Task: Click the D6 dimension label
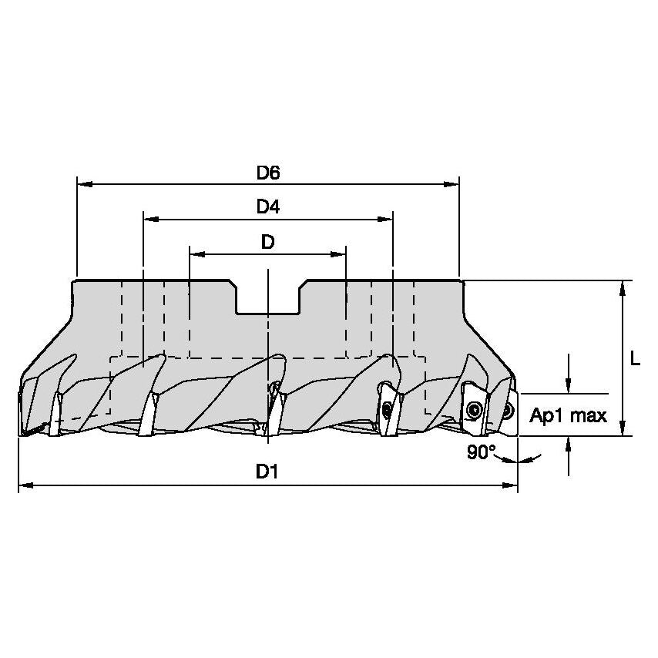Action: pyautogui.click(x=268, y=173)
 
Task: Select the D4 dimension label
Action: pyautogui.click(x=268, y=207)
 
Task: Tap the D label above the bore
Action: pyautogui.click(x=267, y=242)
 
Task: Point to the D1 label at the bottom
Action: pyautogui.click(x=267, y=472)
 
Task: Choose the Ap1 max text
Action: pyautogui.click(x=569, y=416)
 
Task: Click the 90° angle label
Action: pyautogui.click(x=481, y=453)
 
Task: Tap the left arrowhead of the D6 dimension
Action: pyautogui.click(x=84, y=185)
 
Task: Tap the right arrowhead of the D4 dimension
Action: pyautogui.click(x=387, y=220)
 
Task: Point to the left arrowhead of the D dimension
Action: pyautogui.click(x=196, y=253)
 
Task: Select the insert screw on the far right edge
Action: pyautogui.click(x=509, y=411)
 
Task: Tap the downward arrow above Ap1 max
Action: pyautogui.click(x=569, y=386)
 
